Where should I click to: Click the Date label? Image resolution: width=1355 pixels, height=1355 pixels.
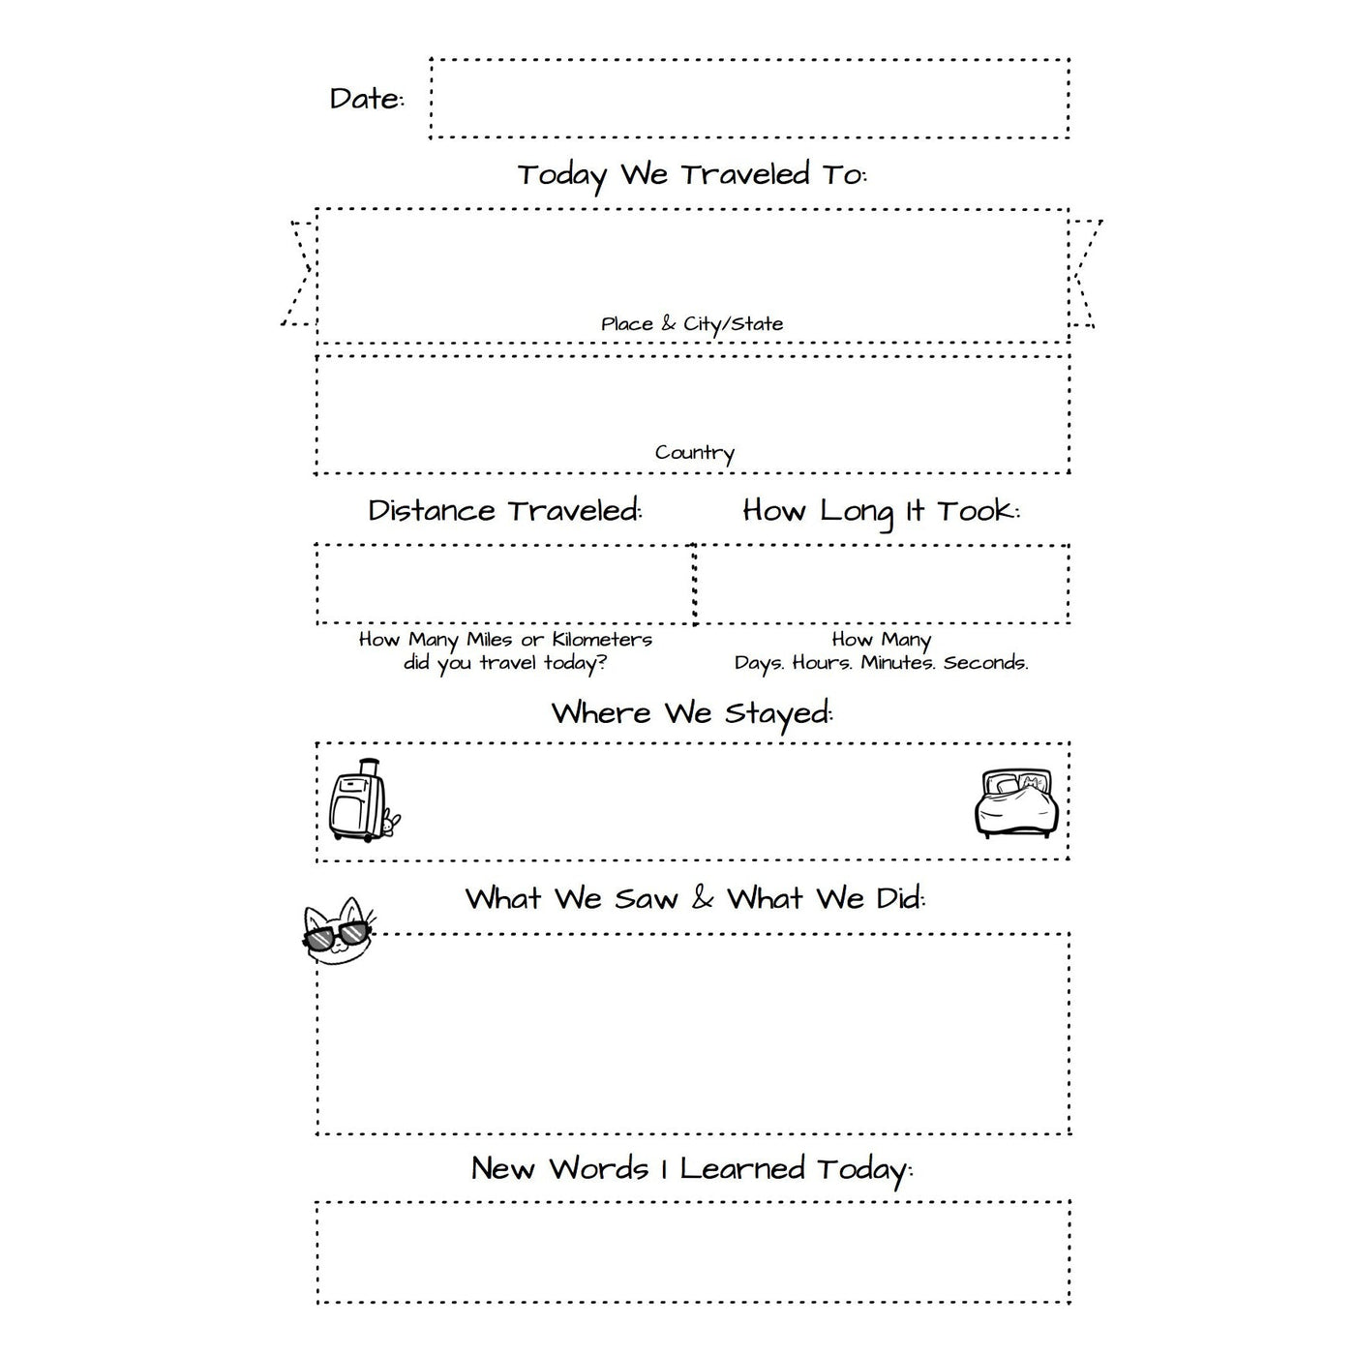coord(366,99)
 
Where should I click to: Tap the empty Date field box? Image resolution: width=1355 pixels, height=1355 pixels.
coord(749,99)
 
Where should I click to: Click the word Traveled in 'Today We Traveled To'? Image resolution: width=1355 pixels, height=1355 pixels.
coord(743,175)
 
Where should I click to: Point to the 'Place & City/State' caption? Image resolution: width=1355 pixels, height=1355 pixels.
coord(692,324)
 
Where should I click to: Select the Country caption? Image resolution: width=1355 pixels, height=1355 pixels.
coord(694,453)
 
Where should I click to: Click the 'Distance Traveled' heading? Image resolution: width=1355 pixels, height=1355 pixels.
coord(504,511)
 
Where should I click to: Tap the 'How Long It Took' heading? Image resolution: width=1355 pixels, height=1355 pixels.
coord(881,511)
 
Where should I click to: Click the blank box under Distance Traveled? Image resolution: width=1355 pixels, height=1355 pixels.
coord(504,584)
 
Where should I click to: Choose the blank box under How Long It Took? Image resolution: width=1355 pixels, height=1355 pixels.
coord(882,584)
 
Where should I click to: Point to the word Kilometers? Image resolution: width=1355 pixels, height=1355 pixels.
coord(602,640)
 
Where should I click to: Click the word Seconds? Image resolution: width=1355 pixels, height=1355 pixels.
coord(985,663)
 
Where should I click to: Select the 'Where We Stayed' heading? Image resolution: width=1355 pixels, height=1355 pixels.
coord(692,714)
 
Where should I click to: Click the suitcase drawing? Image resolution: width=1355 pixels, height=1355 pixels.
coord(360,800)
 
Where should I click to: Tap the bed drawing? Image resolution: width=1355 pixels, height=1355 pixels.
coord(1015,803)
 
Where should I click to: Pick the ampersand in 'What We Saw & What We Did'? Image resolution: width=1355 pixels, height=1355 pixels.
coord(703,899)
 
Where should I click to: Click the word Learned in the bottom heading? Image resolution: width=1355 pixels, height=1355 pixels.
coord(742,1169)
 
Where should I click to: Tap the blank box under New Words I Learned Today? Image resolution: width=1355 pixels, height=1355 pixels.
coord(692,1252)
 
